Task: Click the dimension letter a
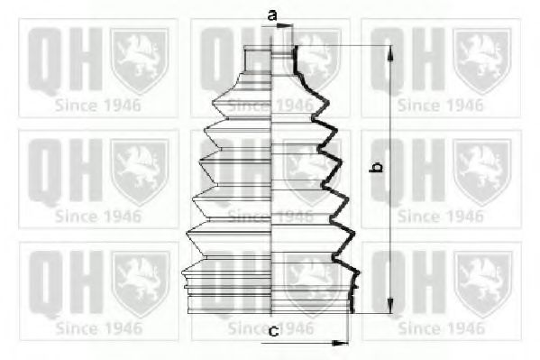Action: coord(272,15)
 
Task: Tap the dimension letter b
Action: coord(377,167)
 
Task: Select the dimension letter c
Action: coord(274,332)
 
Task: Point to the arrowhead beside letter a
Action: coord(285,25)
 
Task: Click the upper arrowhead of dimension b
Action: coord(389,53)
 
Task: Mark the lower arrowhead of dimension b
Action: coord(389,306)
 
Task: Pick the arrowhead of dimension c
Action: coord(340,343)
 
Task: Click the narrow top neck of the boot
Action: coord(270,60)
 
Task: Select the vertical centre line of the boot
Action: coord(271,176)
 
